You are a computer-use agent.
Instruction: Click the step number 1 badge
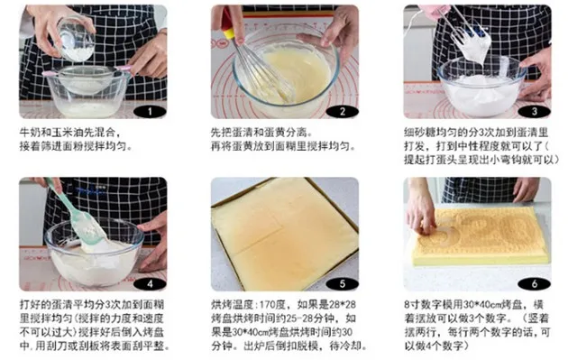click(x=150, y=111)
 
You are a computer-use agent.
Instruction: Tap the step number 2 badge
click(x=342, y=111)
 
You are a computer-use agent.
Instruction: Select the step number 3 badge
click(x=535, y=111)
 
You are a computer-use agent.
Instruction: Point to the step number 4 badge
click(x=150, y=284)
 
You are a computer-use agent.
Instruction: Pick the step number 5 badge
click(x=342, y=284)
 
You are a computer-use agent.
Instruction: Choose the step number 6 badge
click(x=535, y=284)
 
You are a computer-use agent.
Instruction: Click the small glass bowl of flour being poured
click(x=76, y=40)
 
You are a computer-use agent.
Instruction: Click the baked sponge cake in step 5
click(x=285, y=234)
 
